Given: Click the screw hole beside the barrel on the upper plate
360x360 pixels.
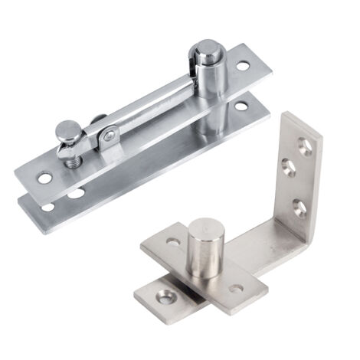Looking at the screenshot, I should pos(242,67).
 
